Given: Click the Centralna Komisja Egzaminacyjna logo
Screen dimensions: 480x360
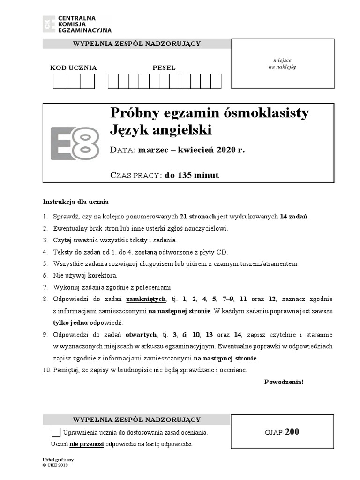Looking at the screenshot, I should (77, 24).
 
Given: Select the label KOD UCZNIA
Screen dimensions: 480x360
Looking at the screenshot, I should (74, 68).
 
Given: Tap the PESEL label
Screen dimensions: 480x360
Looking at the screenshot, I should (164, 68).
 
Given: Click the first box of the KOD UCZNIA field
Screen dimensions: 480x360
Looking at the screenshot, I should (60, 81).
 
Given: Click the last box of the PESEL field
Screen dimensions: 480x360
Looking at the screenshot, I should (216, 81).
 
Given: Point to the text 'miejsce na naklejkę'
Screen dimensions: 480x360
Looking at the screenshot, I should (282, 64).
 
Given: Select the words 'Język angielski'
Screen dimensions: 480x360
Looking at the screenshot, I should (160, 129).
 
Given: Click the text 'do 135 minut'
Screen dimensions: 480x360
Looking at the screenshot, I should (192, 176).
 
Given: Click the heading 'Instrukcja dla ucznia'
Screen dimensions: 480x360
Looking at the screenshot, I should (75, 202).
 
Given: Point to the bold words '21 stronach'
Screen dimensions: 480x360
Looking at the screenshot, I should (198, 217).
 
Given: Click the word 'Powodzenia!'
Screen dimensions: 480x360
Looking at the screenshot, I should (284, 382).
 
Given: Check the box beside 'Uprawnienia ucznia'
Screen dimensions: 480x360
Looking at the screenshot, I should (56, 432).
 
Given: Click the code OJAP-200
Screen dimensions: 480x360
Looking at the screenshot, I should (282, 432).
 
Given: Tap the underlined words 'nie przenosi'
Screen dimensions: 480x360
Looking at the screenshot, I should (87, 444).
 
